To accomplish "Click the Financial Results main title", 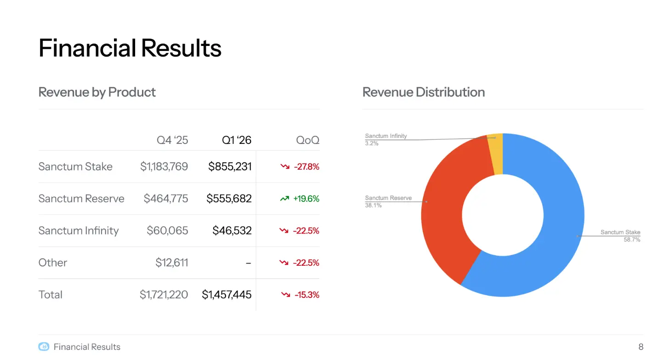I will (130, 48).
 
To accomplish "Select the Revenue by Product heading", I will (97, 92).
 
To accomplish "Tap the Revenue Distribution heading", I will (423, 92).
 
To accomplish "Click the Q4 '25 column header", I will (172, 140).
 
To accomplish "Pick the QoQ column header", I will (307, 140).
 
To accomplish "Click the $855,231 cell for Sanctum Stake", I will (230, 166).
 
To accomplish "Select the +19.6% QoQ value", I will (306, 199).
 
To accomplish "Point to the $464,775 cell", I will (165, 199).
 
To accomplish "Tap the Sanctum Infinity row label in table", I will (79, 230).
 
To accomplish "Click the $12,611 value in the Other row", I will (171, 263).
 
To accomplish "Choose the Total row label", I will (51, 295).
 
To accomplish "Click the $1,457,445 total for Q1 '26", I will (227, 295).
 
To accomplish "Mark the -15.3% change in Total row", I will (306, 295).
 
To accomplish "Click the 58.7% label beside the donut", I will (631, 240).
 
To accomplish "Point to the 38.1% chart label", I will (373, 206).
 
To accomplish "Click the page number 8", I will (641, 347).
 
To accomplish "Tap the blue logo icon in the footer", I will (44, 347).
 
